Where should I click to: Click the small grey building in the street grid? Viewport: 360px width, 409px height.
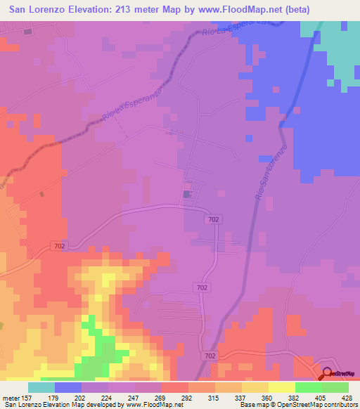187,194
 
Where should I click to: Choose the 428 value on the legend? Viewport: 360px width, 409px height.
343,397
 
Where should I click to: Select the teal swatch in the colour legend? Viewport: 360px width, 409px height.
41,387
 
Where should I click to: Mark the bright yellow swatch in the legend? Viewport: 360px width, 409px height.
282,387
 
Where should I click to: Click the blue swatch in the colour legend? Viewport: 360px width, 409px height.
68,387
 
